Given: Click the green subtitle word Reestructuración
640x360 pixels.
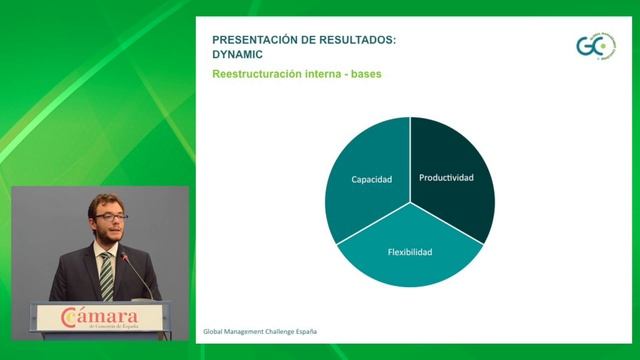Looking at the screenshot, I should [x=260, y=75].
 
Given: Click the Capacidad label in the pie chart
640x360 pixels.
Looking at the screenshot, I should [x=371, y=180].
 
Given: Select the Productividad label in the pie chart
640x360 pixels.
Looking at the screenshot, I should [x=446, y=178].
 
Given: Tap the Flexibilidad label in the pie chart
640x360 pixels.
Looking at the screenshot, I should [x=410, y=252].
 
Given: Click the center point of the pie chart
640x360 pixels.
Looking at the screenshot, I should [x=410, y=203].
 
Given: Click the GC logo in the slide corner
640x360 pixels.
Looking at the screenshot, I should [x=594, y=45].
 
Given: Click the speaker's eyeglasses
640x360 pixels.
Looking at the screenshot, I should [x=110, y=216].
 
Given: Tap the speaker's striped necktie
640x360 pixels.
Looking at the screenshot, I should [x=106, y=276].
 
